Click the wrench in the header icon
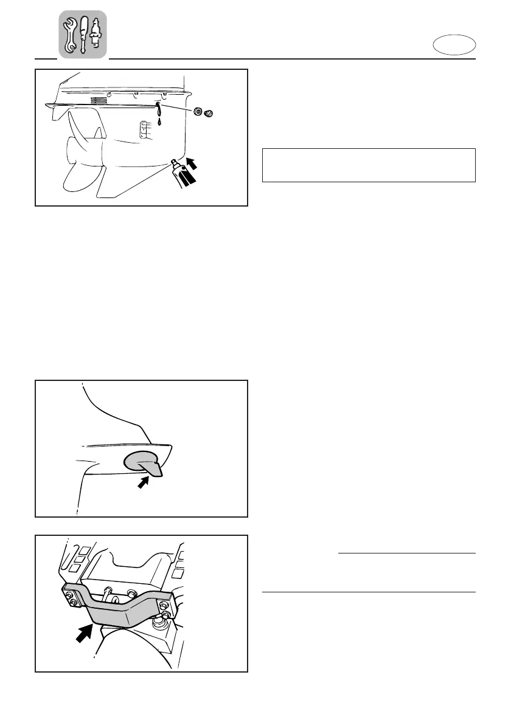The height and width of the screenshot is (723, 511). point(70,34)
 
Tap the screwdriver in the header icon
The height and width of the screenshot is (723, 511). point(83,34)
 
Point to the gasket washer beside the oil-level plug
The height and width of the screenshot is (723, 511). point(198,112)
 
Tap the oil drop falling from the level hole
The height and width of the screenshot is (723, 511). point(159,121)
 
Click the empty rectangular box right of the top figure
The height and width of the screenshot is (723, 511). point(368,165)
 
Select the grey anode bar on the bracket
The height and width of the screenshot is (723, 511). point(122,605)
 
